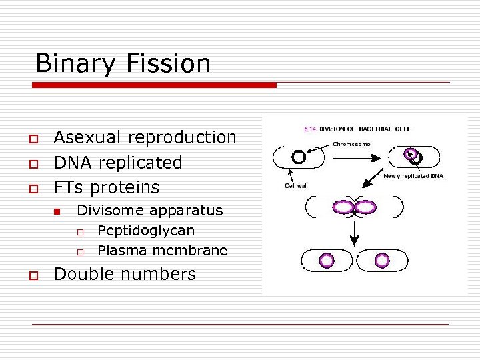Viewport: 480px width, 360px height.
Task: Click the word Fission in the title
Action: tap(170, 64)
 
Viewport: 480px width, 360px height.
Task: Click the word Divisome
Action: tap(111, 211)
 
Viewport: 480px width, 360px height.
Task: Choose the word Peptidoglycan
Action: tap(146, 231)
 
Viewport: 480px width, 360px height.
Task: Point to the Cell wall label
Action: tap(296, 186)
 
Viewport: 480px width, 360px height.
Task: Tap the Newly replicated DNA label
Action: tap(413, 177)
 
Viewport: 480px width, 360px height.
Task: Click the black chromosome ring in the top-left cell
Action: tap(299, 157)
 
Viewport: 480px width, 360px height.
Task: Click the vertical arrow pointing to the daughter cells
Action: tap(355, 231)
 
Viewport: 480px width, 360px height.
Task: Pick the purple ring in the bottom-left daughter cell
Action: tap(327, 260)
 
